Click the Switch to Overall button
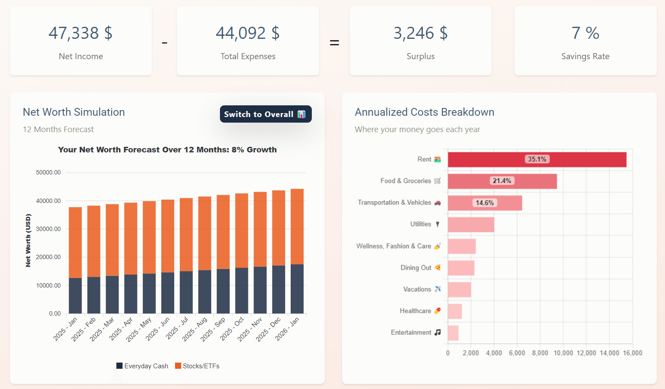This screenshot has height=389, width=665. pos(265,114)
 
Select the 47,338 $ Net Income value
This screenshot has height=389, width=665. pos(81,33)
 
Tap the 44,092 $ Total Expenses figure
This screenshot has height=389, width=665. pos(248,33)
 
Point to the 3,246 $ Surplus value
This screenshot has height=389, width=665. pos(420,33)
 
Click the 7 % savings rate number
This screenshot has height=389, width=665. pos(585,33)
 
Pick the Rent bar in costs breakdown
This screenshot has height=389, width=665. pos(537,159)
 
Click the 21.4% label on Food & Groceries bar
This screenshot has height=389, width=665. pos(502,181)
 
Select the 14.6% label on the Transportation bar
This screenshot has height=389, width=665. pos(485,203)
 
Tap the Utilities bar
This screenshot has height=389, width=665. pos(471,225)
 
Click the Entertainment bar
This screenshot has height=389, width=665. pos(453,333)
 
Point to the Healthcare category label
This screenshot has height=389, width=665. pos(415,311)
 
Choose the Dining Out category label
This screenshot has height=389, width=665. pos(416,268)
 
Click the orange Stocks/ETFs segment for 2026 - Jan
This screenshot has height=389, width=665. pos(297,226)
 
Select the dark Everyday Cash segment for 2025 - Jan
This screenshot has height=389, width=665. pos(75,296)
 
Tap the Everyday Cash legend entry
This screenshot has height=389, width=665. pos(142,366)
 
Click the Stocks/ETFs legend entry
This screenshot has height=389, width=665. pos(197,366)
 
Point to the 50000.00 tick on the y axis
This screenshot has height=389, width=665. pos(48,172)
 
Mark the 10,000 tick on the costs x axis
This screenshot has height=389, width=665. pos(563,353)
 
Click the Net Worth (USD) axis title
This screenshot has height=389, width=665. pos(28,240)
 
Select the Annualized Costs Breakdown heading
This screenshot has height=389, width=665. pos(424,112)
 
